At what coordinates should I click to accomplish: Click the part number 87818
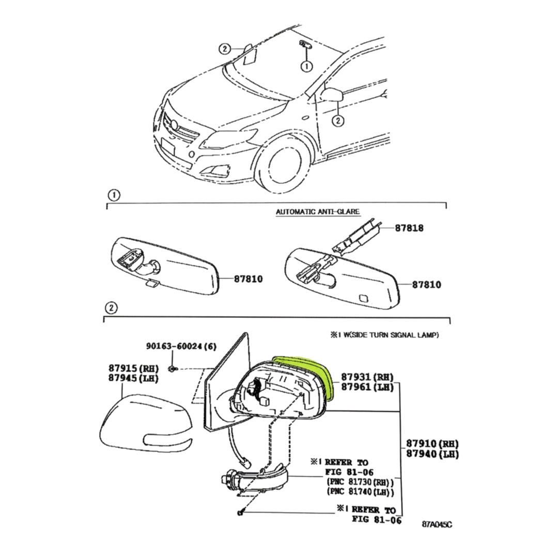409,228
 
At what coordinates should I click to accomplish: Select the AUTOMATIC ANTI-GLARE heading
317,211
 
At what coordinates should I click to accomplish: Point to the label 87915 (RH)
133,368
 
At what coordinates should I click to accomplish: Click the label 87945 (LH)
133,379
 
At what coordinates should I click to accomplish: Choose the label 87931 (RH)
367,377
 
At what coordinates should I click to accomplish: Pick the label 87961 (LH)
367,388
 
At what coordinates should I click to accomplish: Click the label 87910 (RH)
432,444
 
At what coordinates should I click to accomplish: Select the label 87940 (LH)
432,454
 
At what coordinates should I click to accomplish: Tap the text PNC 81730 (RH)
359,482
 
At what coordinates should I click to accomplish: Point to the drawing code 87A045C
437,524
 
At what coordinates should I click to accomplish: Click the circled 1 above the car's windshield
307,66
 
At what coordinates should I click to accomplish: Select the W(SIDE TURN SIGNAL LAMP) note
384,335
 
